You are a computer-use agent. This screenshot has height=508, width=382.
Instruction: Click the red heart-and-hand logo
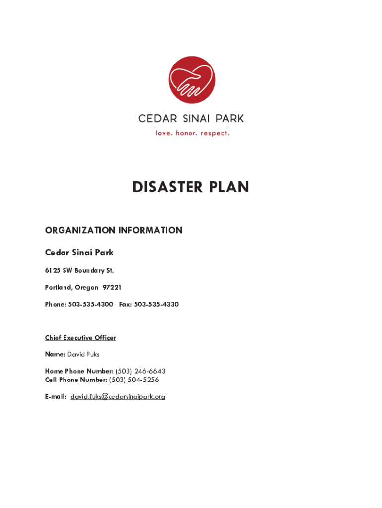(x=191, y=79)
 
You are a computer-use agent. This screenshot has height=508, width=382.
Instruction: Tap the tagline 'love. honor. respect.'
(x=191, y=133)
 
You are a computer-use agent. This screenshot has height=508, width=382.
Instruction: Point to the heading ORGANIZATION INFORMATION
(x=114, y=230)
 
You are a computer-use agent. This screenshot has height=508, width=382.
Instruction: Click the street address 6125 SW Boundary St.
(x=79, y=270)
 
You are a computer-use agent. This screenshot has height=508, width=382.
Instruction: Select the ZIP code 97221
(x=112, y=287)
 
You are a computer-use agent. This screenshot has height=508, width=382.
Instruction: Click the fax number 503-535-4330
(x=156, y=304)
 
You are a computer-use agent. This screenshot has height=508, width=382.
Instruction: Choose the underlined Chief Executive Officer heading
(x=80, y=338)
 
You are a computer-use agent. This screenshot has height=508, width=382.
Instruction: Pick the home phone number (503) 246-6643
(x=140, y=371)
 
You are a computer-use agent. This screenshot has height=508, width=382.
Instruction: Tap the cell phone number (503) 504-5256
(x=134, y=380)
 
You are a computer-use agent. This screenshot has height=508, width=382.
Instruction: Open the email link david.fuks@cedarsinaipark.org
(x=118, y=397)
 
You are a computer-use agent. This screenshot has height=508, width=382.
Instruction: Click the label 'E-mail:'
(x=56, y=397)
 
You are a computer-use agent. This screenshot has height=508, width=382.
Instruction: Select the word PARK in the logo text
(x=227, y=119)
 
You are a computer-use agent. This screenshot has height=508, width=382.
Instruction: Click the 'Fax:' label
(x=126, y=304)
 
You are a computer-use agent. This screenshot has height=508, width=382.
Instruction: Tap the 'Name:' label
(x=55, y=354)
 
